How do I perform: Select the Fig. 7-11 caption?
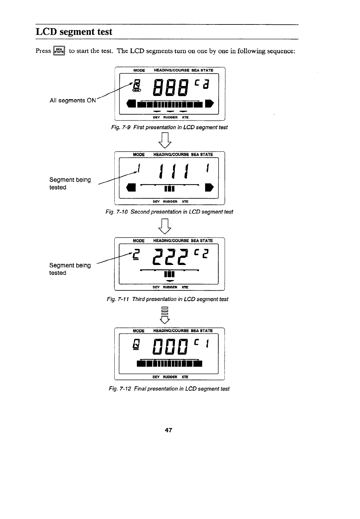tap(167, 299)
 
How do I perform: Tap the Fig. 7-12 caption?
tap(169, 389)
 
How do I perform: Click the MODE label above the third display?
tap(139, 241)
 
